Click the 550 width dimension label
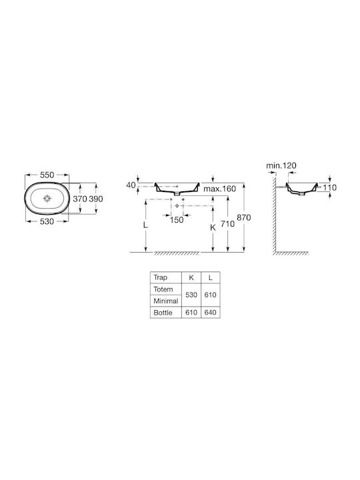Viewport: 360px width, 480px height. click(x=47, y=175)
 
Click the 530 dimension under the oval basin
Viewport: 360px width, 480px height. click(x=47, y=221)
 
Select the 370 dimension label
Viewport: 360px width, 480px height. click(x=79, y=199)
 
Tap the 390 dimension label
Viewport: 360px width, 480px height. click(x=96, y=199)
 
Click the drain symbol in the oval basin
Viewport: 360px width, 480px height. click(x=47, y=199)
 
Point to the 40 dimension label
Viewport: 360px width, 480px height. click(x=131, y=185)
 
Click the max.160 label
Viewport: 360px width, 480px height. click(x=220, y=189)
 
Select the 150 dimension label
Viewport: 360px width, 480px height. click(x=176, y=220)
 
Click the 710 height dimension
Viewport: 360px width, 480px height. click(x=227, y=224)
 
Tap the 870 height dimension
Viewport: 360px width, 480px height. click(x=244, y=217)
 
